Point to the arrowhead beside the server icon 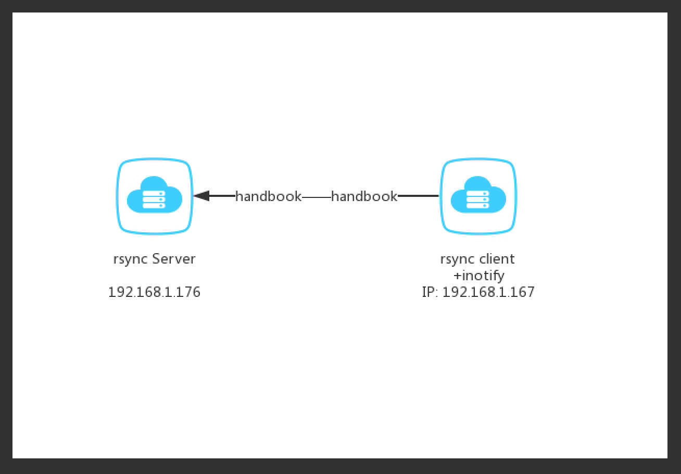[x=201, y=196]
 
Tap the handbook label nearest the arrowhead [x=269, y=196]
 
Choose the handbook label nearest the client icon [x=364, y=196]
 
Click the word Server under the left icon [x=173, y=259]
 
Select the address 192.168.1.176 [x=155, y=292]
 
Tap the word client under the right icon [x=497, y=259]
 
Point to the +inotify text [x=479, y=276]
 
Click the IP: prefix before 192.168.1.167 [x=430, y=292]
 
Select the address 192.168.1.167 [x=488, y=292]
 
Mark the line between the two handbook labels [x=317, y=197]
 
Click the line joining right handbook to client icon [x=418, y=196]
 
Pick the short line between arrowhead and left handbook [x=222, y=196]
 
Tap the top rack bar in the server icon [x=154, y=193]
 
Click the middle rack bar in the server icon [x=154, y=199]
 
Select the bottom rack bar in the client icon [x=477, y=206]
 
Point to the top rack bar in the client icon [x=477, y=193]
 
